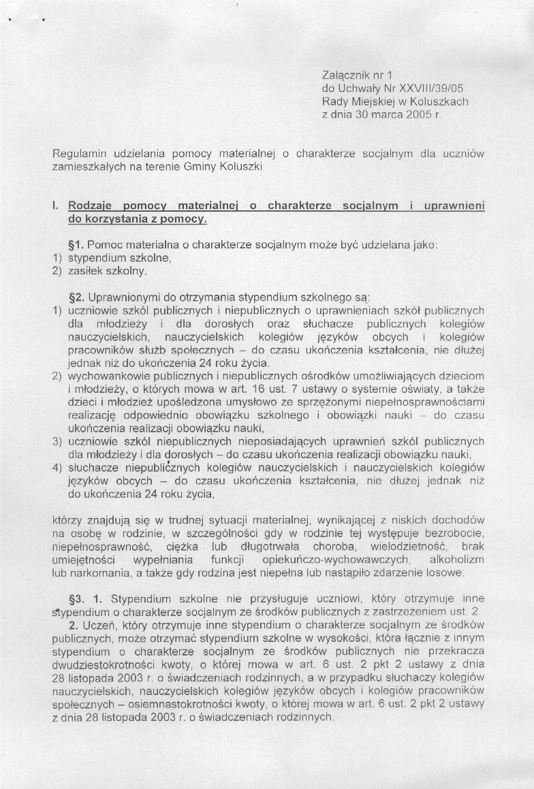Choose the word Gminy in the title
click(x=198, y=166)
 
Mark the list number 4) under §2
click(x=57, y=468)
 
